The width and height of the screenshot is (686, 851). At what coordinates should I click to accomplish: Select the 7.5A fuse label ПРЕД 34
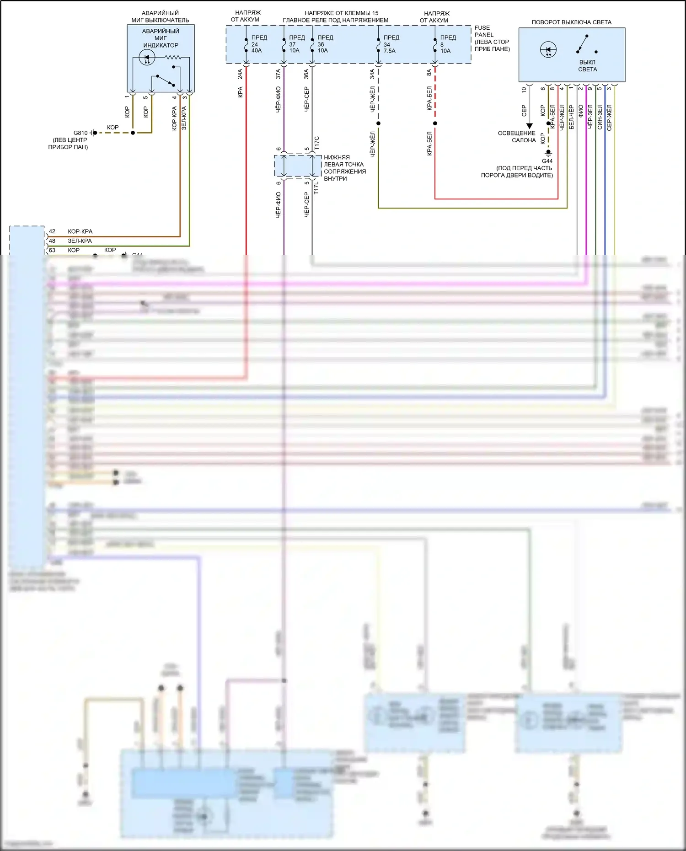(390, 44)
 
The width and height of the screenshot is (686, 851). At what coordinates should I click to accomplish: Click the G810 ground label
(80, 133)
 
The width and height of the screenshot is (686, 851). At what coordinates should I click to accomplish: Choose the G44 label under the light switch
(547, 161)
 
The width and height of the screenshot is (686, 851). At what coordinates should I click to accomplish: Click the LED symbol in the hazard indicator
(147, 58)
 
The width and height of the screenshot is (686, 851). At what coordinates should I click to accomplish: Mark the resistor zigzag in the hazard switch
(173, 58)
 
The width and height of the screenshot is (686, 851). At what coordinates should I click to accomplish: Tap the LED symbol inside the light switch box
(548, 49)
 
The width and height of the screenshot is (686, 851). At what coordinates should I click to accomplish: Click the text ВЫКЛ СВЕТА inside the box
(587, 66)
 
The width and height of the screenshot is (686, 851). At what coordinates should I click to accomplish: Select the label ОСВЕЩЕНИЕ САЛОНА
(517, 137)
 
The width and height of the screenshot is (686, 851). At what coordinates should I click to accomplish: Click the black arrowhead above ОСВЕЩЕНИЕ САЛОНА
(529, 126)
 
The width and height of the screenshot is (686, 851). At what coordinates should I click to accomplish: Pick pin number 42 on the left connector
(52, 231)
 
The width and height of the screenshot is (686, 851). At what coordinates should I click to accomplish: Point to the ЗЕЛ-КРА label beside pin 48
(80, 241)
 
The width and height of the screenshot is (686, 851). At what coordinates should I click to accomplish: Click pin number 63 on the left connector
(52, 250)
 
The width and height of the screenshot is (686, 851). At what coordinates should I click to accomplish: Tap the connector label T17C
(316, 143)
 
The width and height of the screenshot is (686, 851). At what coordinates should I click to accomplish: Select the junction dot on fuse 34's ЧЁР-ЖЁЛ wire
(378, 123)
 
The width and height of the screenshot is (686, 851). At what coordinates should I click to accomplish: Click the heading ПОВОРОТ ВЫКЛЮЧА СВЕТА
(571, 22)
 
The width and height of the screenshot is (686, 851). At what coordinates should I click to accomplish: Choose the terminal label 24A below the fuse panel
(240, 74)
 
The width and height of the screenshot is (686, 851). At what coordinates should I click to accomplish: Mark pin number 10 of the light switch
(524, 90)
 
